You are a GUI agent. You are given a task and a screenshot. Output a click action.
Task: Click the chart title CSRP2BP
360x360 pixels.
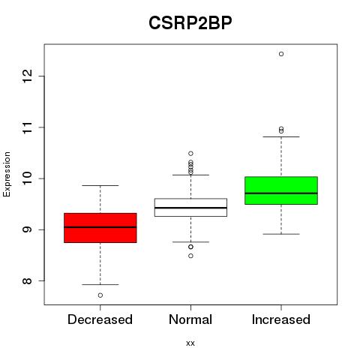(190, 23)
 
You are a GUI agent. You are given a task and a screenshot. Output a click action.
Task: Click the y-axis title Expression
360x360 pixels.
(7, 174)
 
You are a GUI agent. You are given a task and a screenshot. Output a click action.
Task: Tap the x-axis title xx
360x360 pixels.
(190, 343)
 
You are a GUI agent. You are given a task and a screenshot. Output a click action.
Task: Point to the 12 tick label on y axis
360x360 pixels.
(27, 76)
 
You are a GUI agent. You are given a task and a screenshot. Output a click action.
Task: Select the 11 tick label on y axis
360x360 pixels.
(27, 127)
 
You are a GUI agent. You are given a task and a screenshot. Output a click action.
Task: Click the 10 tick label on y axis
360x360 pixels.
(27, 178)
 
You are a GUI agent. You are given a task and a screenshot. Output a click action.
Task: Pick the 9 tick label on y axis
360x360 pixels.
(27, 229)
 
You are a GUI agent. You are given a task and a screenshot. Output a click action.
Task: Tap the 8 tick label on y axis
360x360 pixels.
(27, 280)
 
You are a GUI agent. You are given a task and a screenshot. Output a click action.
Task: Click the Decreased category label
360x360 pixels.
(100, 319)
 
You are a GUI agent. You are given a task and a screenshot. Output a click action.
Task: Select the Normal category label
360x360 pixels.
(190, 319)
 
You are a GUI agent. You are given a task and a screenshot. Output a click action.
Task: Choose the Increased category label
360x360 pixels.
(281, 319)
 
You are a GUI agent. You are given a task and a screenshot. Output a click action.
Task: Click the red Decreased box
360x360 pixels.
(100, 228)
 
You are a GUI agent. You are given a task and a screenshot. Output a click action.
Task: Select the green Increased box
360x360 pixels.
(281, 190)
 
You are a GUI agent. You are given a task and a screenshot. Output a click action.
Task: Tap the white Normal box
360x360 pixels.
(190, 207)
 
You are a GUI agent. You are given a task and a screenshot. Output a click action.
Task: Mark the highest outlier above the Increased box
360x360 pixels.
(281, 54)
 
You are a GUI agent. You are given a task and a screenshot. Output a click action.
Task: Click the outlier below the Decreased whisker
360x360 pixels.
(100, 295)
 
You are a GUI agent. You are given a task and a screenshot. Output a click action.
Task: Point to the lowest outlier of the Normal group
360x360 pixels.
(190, 256)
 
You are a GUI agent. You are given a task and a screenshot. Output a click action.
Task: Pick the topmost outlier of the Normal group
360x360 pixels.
(190, 153)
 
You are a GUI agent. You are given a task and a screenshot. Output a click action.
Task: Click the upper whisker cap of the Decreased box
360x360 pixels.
(100, 185)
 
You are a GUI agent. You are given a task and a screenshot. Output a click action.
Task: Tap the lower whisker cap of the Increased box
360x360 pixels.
(281, 234)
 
